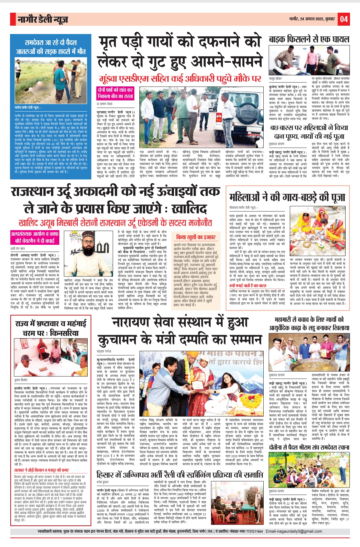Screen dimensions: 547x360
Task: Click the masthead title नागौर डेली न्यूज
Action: coord(43,20)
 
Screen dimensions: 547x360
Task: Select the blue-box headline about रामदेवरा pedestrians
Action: coord(50,47)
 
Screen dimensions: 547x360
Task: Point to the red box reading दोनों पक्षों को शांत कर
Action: coord(115,90)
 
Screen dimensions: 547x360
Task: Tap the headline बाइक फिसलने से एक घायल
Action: coord(309,39)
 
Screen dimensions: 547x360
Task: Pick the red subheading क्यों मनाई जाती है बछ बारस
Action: coord(248,286)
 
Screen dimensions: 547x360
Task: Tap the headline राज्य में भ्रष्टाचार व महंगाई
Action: coord(51,324)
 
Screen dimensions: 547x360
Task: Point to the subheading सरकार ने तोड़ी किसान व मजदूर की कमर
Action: coord(42,470)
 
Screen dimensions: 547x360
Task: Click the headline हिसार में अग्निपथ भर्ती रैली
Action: coord(179,474)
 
